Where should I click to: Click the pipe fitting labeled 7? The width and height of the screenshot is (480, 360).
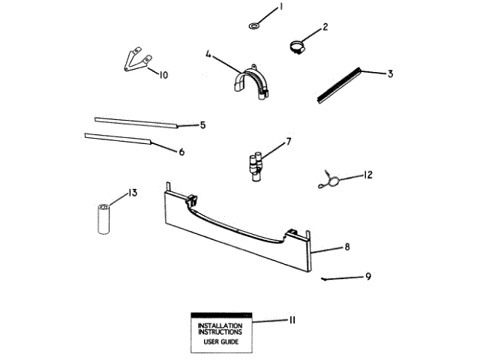(x=254, y=164)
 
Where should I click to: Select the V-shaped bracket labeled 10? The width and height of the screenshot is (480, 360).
(x=136, y=62)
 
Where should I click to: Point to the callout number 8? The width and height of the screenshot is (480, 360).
(x=347, y=246)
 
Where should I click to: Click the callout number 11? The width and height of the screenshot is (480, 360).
(x=291, y=320)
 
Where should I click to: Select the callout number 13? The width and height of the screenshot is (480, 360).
(x=132, y=193)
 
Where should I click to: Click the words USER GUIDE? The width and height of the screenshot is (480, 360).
(x=220, y=342)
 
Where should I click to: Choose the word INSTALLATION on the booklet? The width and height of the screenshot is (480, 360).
(x=220, y=325)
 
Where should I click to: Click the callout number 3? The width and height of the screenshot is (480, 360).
(x=391, y=73)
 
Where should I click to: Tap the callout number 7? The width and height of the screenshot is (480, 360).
(x=288, y=140)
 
